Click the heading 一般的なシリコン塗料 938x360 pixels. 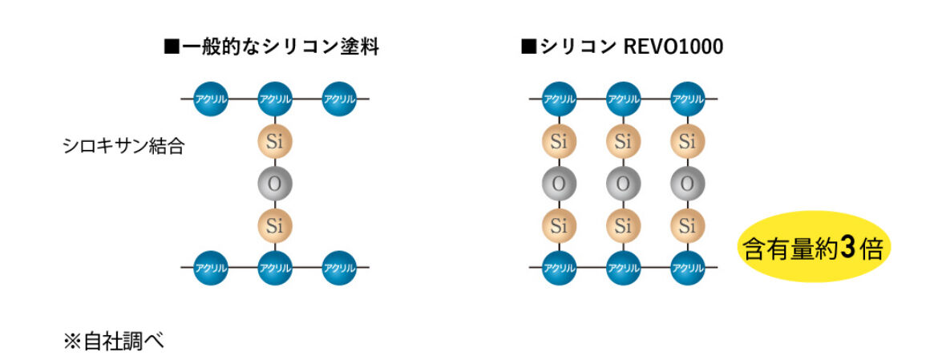click(272, 47)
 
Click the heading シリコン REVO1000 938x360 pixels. click(622, 47)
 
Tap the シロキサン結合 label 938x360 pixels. click(123, 146)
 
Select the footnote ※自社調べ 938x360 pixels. click(113, 342)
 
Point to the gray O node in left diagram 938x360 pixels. click(274, 184)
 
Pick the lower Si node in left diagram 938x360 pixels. click(274, 225)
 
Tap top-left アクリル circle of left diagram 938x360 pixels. click(211, 99)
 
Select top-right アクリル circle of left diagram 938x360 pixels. click(339, 99)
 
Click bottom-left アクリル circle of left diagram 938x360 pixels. click(211, 267)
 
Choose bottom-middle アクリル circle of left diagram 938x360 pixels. click(274, 267)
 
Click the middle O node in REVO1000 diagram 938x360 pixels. click(624, 184)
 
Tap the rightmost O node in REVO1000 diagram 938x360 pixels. click(687, 184)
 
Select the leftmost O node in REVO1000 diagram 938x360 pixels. click(559, 184)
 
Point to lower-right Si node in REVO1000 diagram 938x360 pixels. click(687, 225)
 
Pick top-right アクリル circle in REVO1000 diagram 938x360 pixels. click(687, 99)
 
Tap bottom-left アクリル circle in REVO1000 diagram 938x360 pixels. click(559, 267)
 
